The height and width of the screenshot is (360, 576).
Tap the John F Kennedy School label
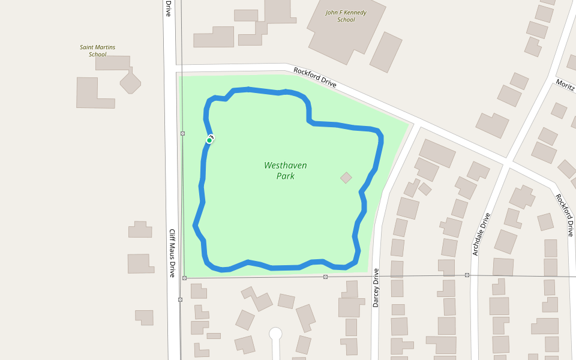[346, 16]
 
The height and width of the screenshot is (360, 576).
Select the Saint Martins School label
[97, 50]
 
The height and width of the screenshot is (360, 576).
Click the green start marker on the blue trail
[209, 140]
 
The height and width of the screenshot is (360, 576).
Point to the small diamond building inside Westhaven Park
[346, 178]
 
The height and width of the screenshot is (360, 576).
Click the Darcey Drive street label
[376, 287]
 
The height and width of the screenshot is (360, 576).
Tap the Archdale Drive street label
[481, 234]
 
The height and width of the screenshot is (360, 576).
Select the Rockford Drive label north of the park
[314, 77]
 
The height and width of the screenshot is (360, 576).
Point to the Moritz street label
[565, 85]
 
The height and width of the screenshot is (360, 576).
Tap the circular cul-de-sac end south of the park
[275, 334]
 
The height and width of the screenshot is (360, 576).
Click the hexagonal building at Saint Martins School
[130, 81]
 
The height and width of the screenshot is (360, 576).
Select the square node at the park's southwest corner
[184, 278]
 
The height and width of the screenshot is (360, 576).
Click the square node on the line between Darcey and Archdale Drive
[467, 275]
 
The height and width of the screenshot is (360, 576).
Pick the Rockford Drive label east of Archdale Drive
[565, 215]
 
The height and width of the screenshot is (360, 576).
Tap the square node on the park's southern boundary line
[325, 277]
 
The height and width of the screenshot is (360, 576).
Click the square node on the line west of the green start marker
[182, 133]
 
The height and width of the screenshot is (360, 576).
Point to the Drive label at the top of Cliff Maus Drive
[169, 8]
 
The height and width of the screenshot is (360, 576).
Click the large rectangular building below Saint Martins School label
[95, 93]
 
